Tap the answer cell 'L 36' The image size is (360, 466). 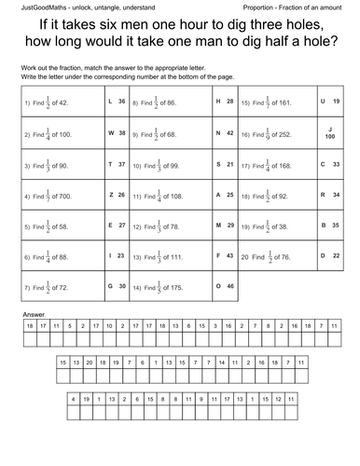coord(118,101)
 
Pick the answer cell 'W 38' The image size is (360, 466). coord(118,132)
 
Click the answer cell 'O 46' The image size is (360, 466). coord(224,286)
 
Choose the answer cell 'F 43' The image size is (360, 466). coord(224,254)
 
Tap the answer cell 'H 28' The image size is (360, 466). coord(224,101)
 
